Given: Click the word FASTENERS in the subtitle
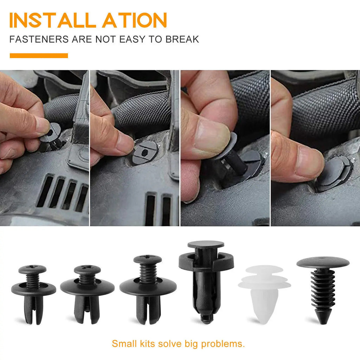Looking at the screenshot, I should [x=39, y=39].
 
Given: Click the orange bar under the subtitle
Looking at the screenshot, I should [x=39, y=56].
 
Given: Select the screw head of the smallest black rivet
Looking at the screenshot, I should [x=32, y=270].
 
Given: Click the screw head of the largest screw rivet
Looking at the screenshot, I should [x=148, y=260].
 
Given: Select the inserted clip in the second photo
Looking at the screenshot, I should [x=144, y=152].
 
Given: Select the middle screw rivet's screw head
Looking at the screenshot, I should [x=87, y=270].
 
